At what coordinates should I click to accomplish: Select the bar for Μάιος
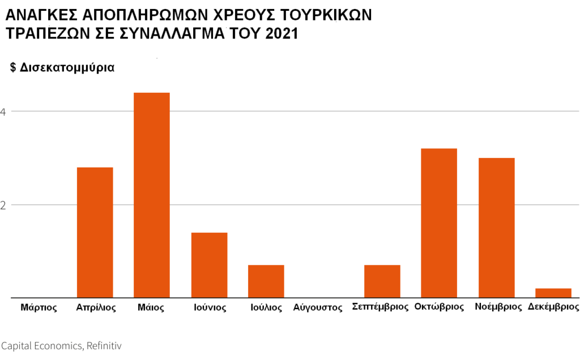pyautogui.click(x=151, y=195)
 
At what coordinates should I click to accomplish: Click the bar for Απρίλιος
pyautogui.click(x=95, y=232)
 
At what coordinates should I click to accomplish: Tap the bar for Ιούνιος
pyautogui.click(x=209, y=265)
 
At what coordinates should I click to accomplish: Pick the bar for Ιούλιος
pyautogui.click(x=266, y=281)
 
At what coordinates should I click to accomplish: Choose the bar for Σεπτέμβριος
pyautogui.click(x=382, y=281)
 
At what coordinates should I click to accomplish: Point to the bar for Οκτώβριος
pyautogui.click(x=439, y=222)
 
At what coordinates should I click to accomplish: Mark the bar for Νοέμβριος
pyautogui.click(x=496, y=228)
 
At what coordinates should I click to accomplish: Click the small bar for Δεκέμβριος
pyautogui.click(x=553, y=293)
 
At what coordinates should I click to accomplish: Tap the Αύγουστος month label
pyautogui.click(x=318, y=308)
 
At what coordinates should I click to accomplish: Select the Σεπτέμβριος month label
pyautogui.click(x=380, y=307)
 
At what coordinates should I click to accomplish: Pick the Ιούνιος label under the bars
pyautogui.click(x=210, y=308)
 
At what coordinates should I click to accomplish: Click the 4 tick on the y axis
pyautogui.click(x=3, y=112)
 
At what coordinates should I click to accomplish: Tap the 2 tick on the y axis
pyautogui.click(x=3, y=205)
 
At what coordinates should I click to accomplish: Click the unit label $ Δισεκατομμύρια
pyautogui.click(x=62, y=67)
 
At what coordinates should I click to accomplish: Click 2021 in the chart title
pyautogui.click(x=281, y=34)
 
